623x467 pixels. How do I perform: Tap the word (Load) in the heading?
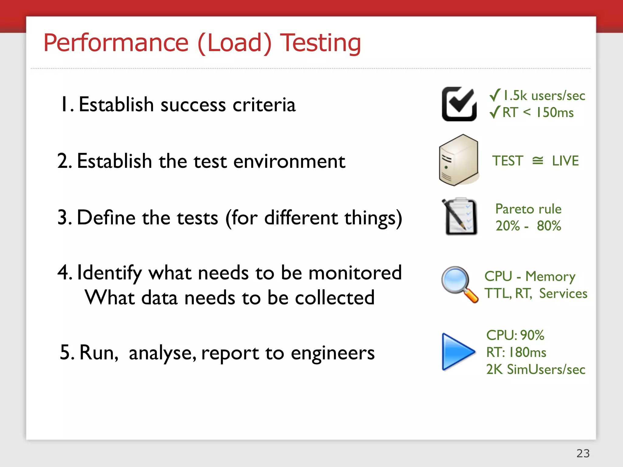pyautogui.click(x=234, y=43)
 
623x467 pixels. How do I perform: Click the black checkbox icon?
pyautogui.click(x=459, y=104)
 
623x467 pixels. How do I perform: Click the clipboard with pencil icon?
pyautogui.click(x=460, y=216)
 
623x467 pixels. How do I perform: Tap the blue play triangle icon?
pyautogui.click(x=457, y=352)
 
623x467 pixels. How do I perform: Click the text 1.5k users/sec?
pyautogui.click(x=544, y=96)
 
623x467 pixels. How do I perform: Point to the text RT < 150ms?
pyautogui.click(x=538, y=112)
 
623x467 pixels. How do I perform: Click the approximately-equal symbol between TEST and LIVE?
pyautogui.click(x=538, y=161)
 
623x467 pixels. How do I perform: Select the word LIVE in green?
pyautogui.click(x=565, y=161)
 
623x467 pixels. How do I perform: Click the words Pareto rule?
pyautogui.click(x=528, y=209)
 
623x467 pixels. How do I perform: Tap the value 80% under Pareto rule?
pyautogui.click(x=549, y=226)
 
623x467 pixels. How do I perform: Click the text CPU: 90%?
pyautogui.click(x=515, y=335)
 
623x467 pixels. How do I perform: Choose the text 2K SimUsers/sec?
pyautogui.click(x=535, y=369)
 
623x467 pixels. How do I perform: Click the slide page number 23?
pyautogui.click(x=583, y=453)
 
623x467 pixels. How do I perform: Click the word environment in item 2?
pyautogui.click(x=289, y=161)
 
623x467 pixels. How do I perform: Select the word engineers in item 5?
pyautogui.click(x=332, y=353)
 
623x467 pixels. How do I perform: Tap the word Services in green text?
pyautogui.click(x=563, y=294)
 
